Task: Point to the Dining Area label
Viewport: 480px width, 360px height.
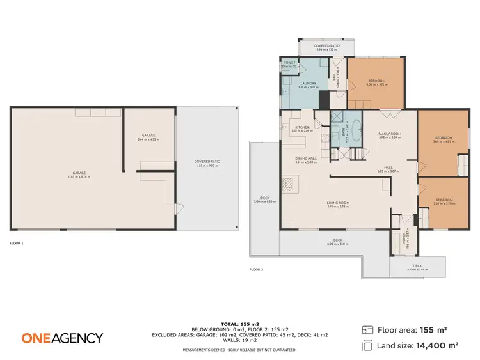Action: pos(306,160)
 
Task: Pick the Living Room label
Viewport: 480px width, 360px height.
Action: pos(339,204)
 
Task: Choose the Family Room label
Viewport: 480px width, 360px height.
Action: pos(388,136)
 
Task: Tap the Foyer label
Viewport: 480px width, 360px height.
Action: pos(404,240)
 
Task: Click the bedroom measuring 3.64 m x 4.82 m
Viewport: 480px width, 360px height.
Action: pos(443,140)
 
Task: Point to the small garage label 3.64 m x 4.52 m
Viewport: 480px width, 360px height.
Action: pos(148,137)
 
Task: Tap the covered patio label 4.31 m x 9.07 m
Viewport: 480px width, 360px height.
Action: pos(207,164)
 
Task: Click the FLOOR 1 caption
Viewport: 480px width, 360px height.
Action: pos(17,243)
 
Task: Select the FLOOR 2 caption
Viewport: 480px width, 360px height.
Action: pos(256,269)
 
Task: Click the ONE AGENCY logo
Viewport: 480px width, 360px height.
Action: pos(62,338)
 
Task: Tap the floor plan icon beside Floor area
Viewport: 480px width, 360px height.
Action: pos(367,330)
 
